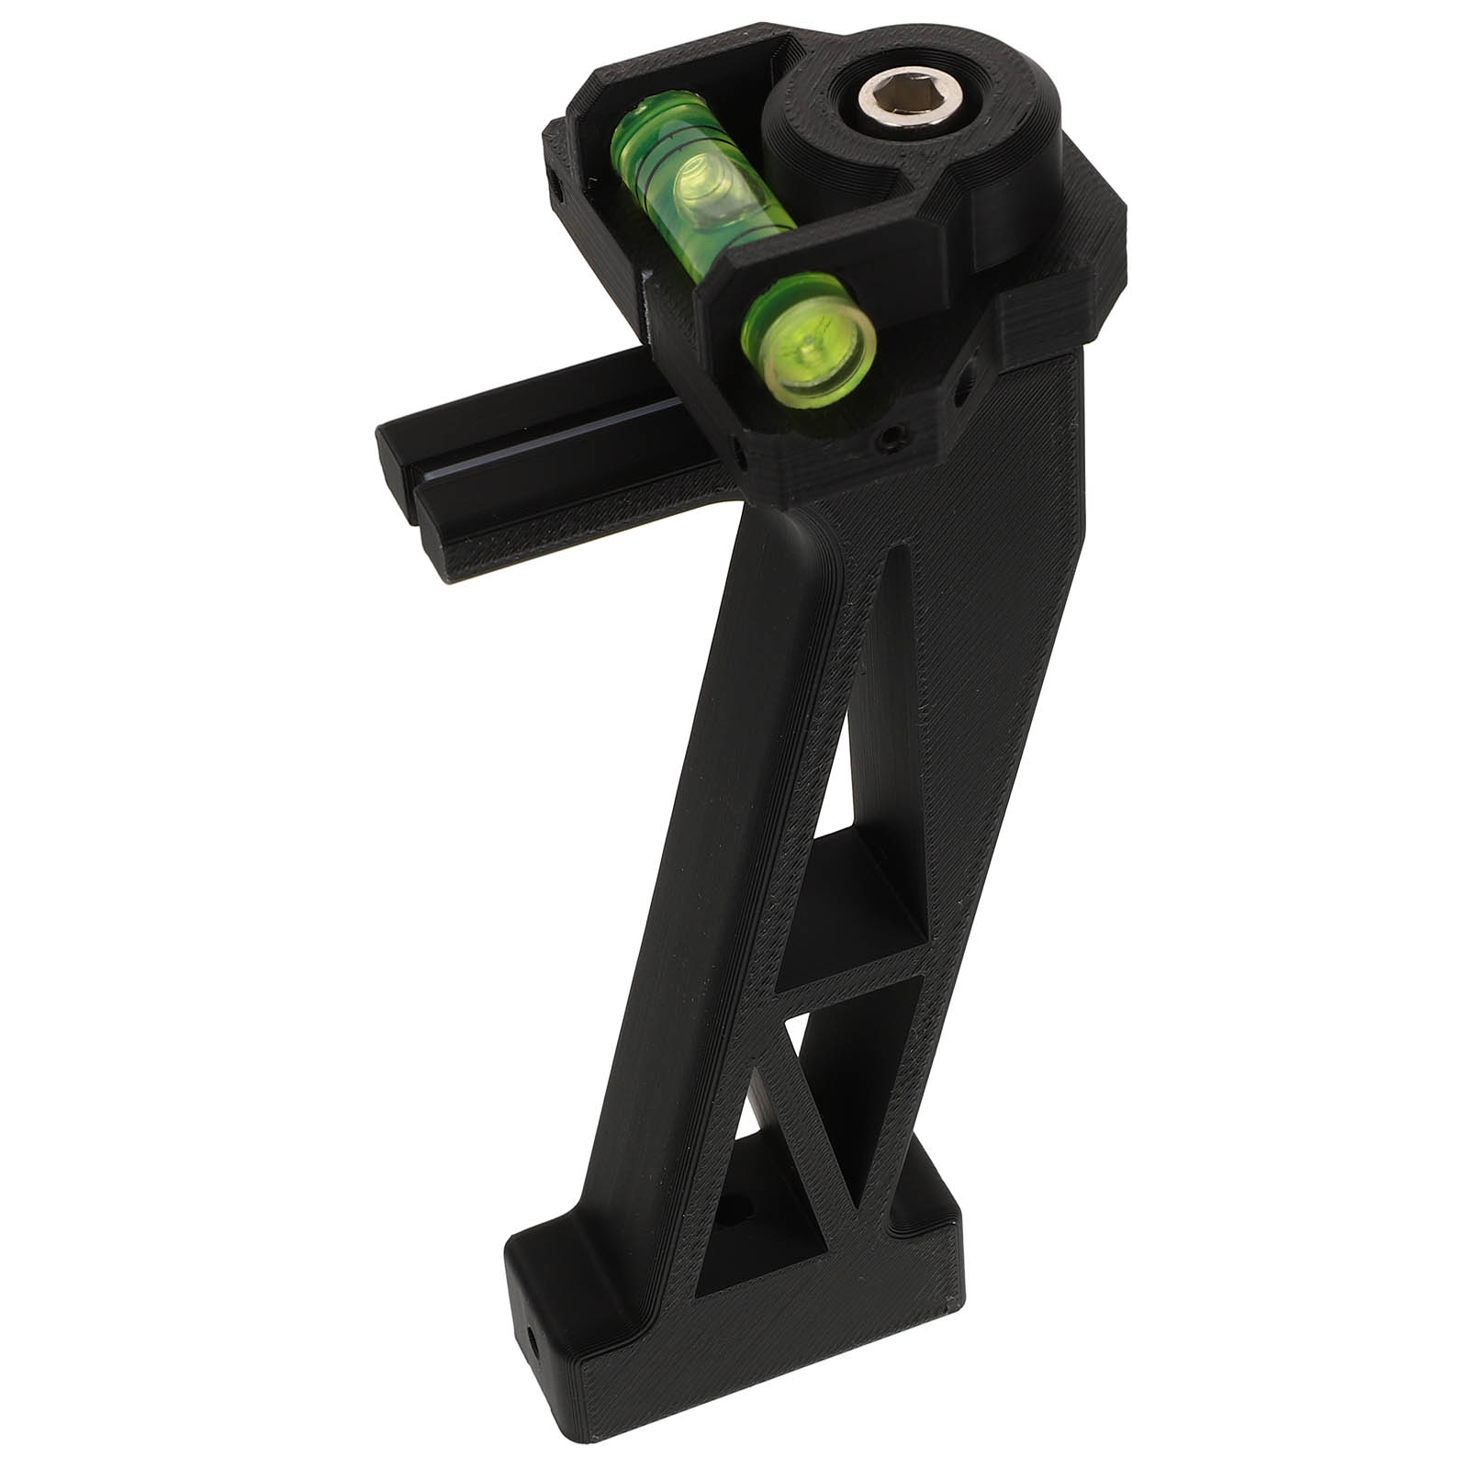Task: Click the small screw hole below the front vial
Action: (889, 443)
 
